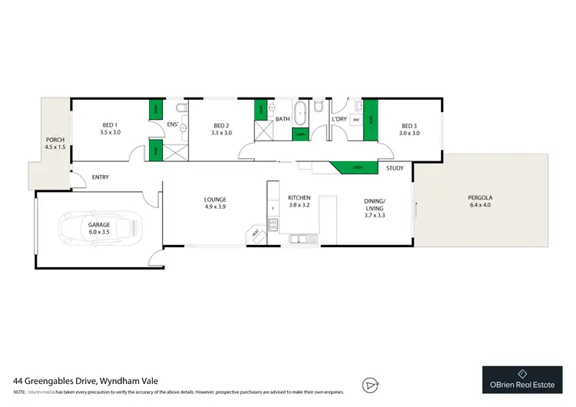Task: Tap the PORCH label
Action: point(55,139)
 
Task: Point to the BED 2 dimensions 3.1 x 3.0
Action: point(221,133)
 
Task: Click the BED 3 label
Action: point(409,125)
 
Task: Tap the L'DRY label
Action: point(339,120)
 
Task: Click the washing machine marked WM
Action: point(356,120)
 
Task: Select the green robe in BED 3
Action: point(370,120)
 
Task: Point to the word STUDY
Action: point(395,168)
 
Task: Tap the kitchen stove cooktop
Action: point(272,224)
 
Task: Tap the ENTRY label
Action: point(101,177)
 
